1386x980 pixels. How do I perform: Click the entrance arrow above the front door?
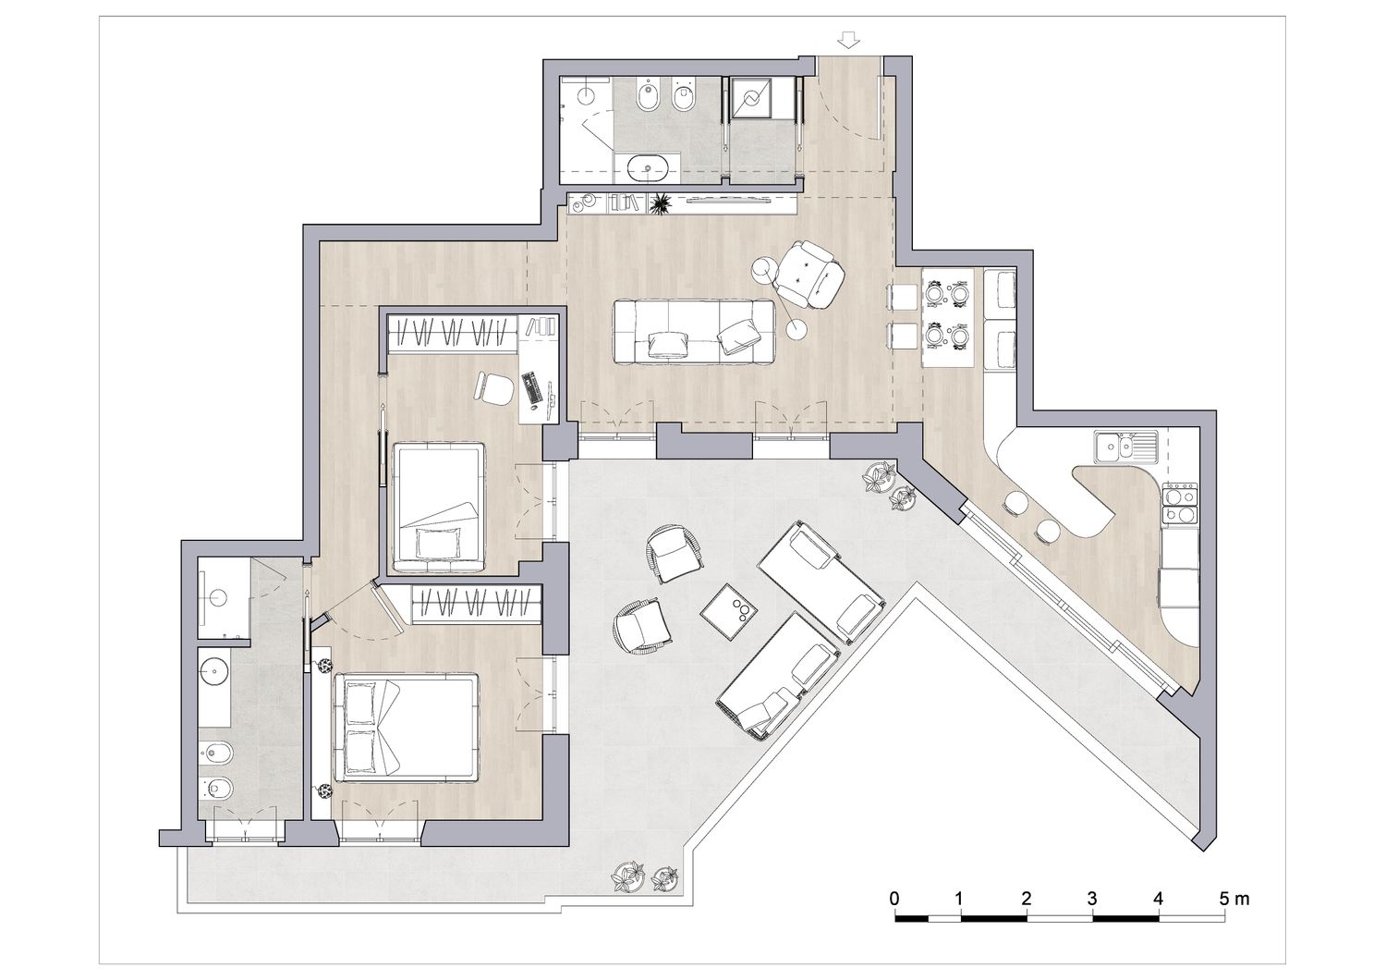pos(848,41)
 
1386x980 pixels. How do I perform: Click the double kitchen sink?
pos(1125,446)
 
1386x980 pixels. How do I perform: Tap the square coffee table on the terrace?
pos(730,612)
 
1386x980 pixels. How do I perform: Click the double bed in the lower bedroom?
pos(406,728)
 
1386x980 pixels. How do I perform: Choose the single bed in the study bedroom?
pos(439,507)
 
